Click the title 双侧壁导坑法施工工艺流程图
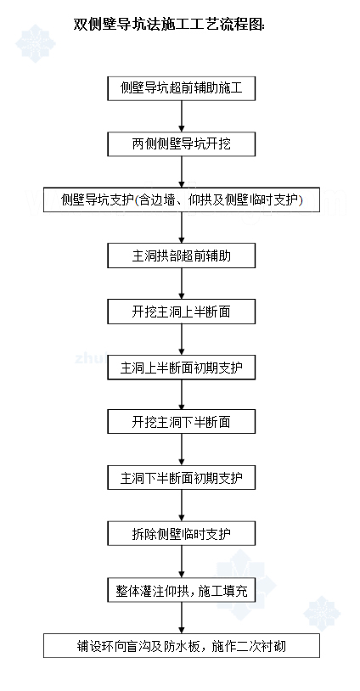pyautogui.click(x=169, y=25)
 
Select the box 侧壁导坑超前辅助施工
pyautogui.click(x=182, y=88)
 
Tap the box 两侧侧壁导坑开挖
pyautogui.click(x=182, y=144)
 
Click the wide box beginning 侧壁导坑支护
pyautogui.click(x=182, y=200)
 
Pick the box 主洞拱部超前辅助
pyautogui.click(x=182, y=256)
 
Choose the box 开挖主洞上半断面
pyautogui.click(x=182, y=312)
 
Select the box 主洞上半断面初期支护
pyautogui.click(x=182, y=367)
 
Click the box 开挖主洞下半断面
pyautogui.click(x=182, y=422)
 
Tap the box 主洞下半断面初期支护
pyautogui.click(x=182, y=477)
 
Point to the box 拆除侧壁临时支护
pyautogui.click(x=182, y=534)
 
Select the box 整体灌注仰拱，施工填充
pyautogui.click(x=182, y=590)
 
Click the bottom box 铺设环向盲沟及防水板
pyautogui.click(x=182, y=646)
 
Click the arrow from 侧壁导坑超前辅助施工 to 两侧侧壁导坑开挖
pyautogui.click(x=182, y=116)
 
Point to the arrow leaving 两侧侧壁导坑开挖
pyautogui.click(x=182, y=171)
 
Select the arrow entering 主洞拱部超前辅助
pyautogui.click(x=182, y=228)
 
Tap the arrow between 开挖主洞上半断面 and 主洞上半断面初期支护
pyautogui.click(x=182, y=340)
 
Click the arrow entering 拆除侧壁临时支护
pyautogui.click(x=182, y=505)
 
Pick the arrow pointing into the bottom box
pyautogui.click(x=182, y=618)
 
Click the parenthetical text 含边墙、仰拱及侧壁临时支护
pyautogui.click(x=217, y=200)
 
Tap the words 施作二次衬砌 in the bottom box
pyautogui.click(x=249, y=646)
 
